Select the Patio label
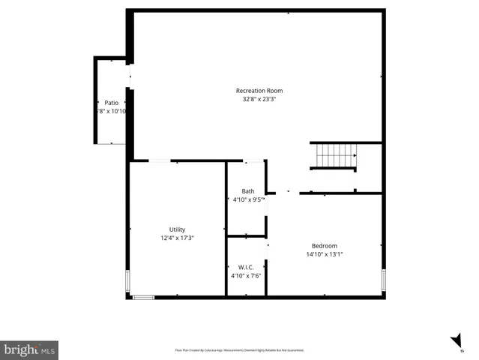click(x=111, y=103)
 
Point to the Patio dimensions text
click(x=111, y=111)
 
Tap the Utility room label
click(x=177, y=229)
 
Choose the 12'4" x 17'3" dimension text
click(x=177, y=238)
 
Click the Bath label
click(x=247, y=191)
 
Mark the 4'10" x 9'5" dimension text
click(x=248, y=199)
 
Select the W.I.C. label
click(x=246, y=267)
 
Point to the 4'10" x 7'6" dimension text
click(x=246, y=275)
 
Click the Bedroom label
click(x=325, y=246)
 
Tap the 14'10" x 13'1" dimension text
click(x=325, y=254)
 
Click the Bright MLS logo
click(x=29, y=349)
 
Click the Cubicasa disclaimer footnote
click(x=239, y=350)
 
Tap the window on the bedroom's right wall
click(x=384, y=280)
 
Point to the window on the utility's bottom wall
click(x=143, y=298)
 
